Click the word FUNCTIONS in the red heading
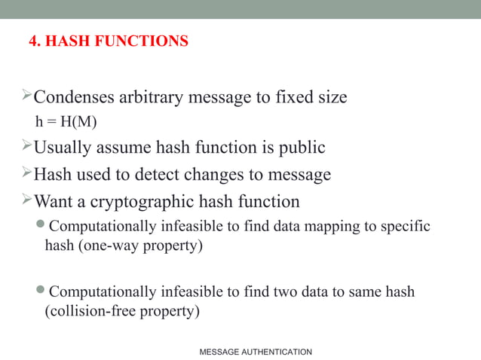tap(144, 41)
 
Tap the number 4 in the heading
tap(33, 41)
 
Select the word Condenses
tap(74, 97)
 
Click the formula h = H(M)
tap(66, 121)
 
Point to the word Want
tap(55, 202)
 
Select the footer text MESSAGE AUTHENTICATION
tap(255, 352)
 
